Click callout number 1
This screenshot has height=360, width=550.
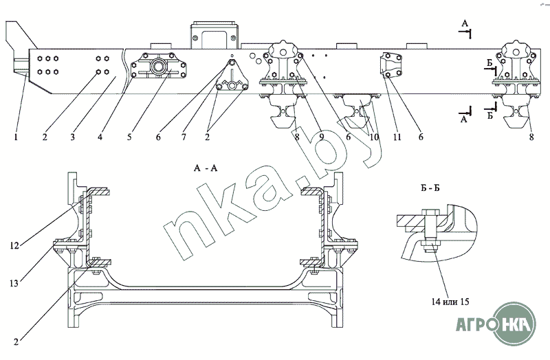click(16, 137)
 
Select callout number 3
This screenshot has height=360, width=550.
click(72, 137)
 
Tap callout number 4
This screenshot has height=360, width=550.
click(100, 137)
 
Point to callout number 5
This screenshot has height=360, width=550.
click(129, 137)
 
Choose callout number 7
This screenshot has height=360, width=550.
click(184, 137)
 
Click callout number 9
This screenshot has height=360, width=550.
click(322, 137)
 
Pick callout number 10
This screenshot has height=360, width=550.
click(374, 137)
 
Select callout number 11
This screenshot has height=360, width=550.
click(397, 137)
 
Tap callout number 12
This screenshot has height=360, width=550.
click(14, 246)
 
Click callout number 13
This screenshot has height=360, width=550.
click(14, 283)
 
